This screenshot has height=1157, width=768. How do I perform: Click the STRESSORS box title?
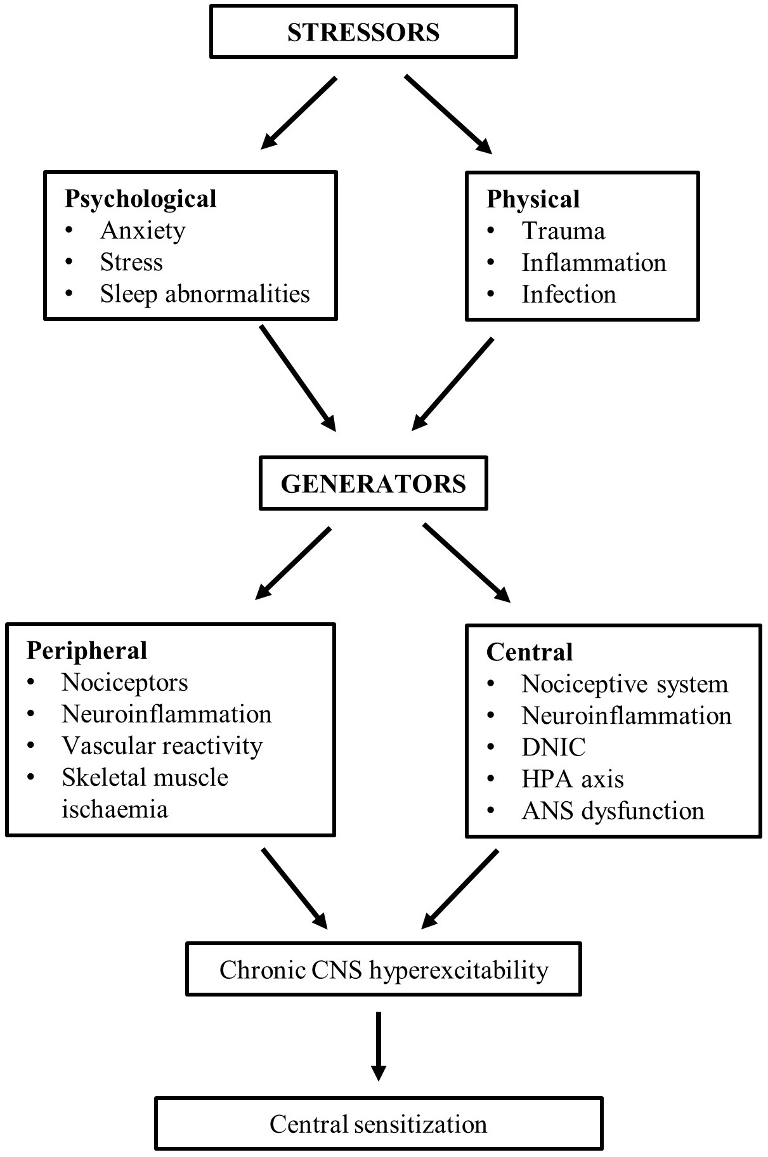click(363, 32)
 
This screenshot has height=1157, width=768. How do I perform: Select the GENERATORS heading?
click(374, 484)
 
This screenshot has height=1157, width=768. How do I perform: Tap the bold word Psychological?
click(140, 199)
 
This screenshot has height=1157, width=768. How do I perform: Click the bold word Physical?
click(533, 199)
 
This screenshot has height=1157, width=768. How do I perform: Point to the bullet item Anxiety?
click(143, 231)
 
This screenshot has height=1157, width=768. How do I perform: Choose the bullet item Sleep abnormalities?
click(205, 294)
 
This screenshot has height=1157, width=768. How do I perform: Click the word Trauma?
click(563, 231)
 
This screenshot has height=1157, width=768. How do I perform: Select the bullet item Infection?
click(569, 294)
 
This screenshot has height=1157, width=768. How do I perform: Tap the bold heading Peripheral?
click(87, 651)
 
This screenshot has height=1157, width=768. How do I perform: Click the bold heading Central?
click(530, 652)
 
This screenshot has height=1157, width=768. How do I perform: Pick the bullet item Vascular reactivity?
click(162, 746)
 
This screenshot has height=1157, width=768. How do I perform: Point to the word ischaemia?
click(115, 809)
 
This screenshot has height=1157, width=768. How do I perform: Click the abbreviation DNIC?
click(554, 747)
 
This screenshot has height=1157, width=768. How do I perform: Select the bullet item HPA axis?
click(573, 779)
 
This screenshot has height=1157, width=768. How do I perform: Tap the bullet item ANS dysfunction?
click(613, 811)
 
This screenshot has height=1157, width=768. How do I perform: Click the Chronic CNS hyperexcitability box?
click(384, 970)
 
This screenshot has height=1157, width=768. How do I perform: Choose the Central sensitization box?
click(379, 1124)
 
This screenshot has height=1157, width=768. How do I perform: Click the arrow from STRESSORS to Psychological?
click(298, 114)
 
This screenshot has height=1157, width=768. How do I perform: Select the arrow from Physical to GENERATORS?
click(452, 384)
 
